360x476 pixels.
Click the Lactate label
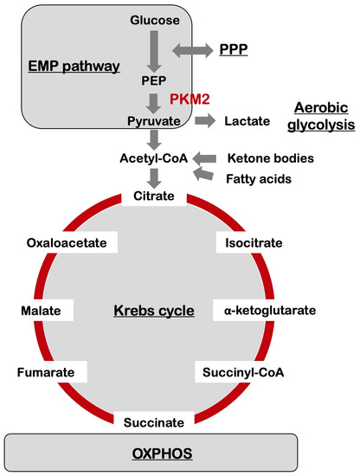click(x=247, y=122)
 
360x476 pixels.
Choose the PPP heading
click(x=232, y=51)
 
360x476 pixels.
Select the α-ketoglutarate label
click(x=270, y=309)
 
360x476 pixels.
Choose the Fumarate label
click(x=49, y=373)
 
